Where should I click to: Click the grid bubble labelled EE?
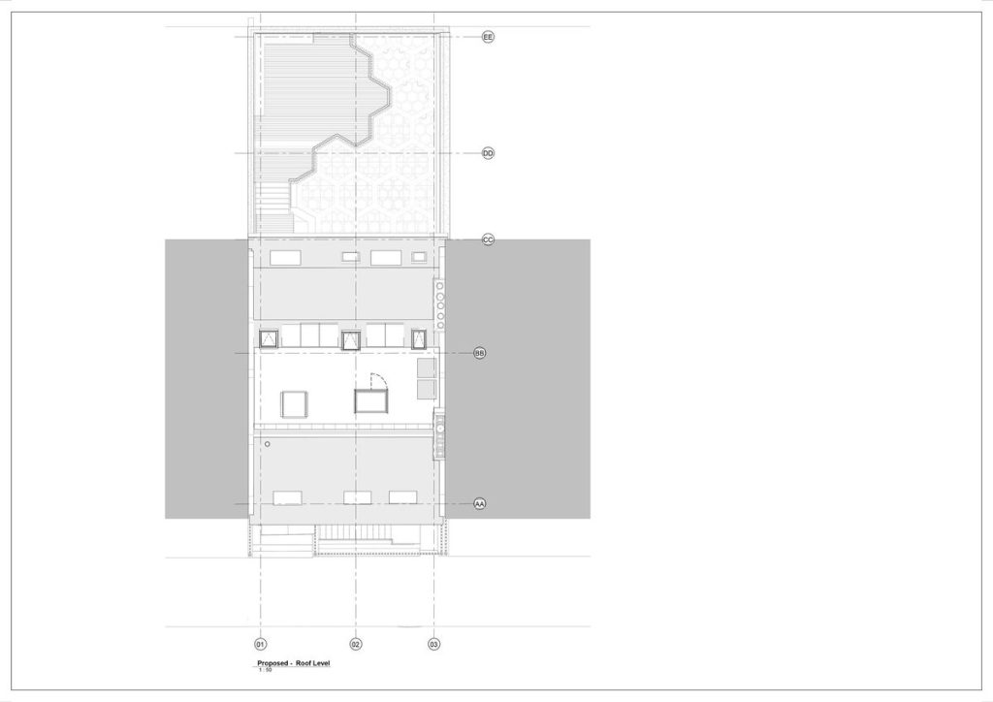pyautogui.click(x=488, y=37)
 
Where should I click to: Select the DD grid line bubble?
pyautogui.click(x=488, y=153)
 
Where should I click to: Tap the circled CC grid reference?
pyautogui.click(x=488, y=239)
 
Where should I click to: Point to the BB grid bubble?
pyautogui.click(x=480, y=353)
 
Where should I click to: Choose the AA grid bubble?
pyautogui.click(x=480, y=504)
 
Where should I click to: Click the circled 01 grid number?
pyautogui.click(x=260, y=645)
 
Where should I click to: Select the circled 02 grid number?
pyautogui.click(x=356, y=645)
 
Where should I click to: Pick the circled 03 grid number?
pyautogui.click(x=433, y=645)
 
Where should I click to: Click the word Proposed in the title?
pyautogui.click(x=272, y=663)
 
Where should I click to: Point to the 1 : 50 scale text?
pyautogui.click(x=265, y=670)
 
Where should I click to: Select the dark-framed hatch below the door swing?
pyautogui.click(x=370, y=401)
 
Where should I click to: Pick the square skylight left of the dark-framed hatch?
pyautogui.click(x=295, y=404)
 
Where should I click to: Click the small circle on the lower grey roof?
pyautogui.click(x=268, y=444)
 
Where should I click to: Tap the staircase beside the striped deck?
pyautogui.click(x=272, y=207)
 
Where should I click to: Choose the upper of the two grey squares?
pyautogui.click(x=427, y=367)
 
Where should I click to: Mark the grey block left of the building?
pyautogui.click(x=207, y=378)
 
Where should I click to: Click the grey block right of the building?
pyautogui.click(x=518, y=378)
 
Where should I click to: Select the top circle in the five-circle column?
pyautogui.click(x=439, y=286)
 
